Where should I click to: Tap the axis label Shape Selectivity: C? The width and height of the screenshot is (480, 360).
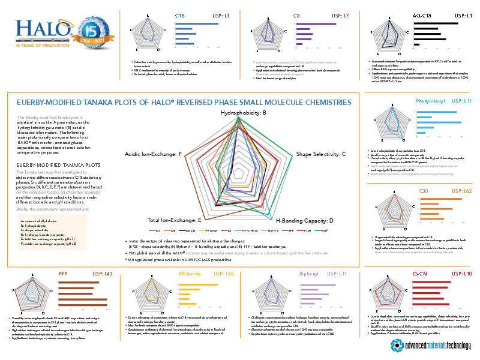[x=321, y=155]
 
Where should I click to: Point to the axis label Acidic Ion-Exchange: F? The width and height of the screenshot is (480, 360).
[x=153, y=155]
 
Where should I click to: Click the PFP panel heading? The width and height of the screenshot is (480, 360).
[x=62, y=274]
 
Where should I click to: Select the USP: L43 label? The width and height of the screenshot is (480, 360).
[x=103, y=274]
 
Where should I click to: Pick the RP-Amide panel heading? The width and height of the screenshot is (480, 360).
[x=190, y=274]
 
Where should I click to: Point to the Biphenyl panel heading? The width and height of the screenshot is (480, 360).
[x=310, y=274]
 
